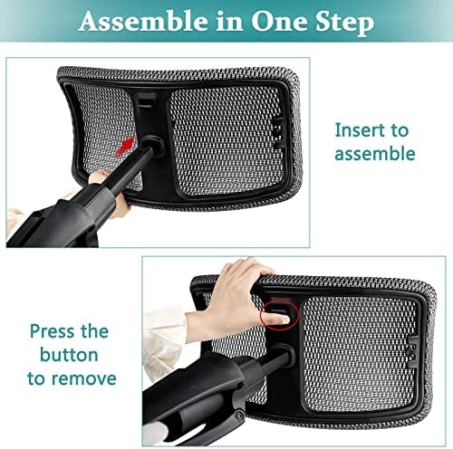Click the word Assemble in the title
143,21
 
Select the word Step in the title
345,23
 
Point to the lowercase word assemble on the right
375,153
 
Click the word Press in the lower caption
52,331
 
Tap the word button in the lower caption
69,355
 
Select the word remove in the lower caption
83,378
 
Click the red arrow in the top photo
125,147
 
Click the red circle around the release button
279,314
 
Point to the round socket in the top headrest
153,146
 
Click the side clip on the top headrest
278,133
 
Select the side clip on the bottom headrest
411,352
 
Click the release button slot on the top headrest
147,101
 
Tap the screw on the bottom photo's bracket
240,415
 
